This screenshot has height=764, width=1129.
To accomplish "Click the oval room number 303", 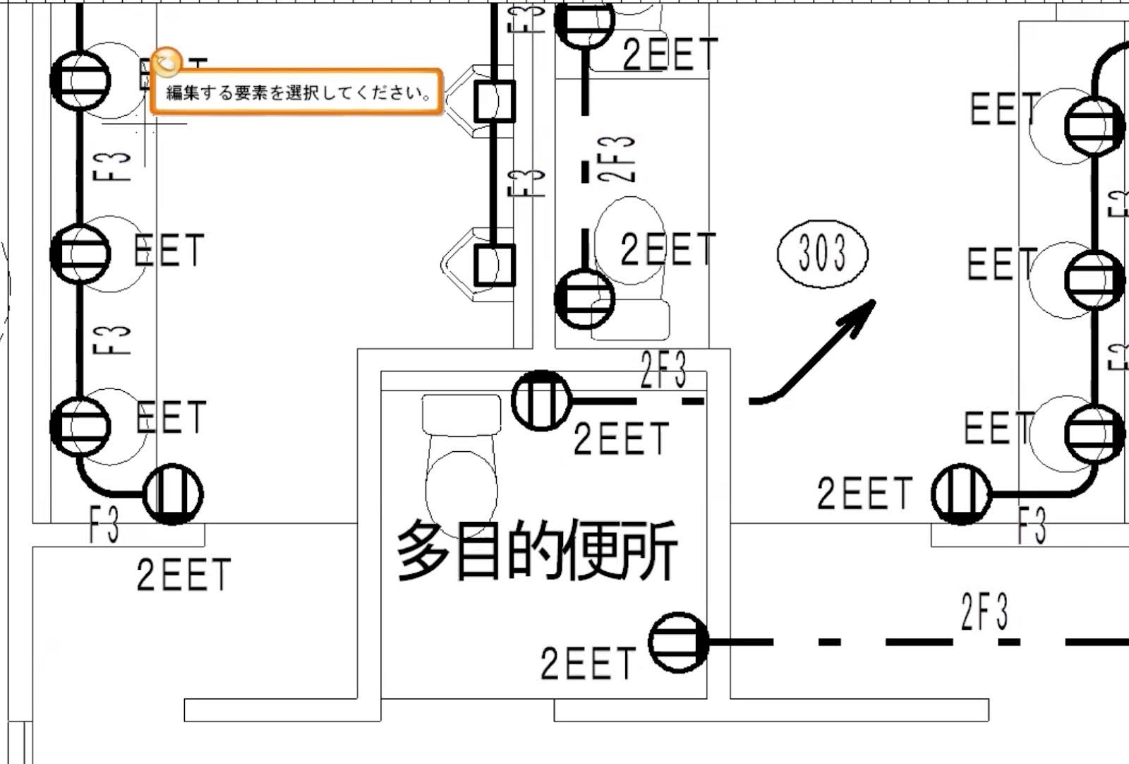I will point(823,253).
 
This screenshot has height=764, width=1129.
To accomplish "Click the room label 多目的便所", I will point(536,551).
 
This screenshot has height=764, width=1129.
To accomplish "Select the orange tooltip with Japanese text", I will point(296,92).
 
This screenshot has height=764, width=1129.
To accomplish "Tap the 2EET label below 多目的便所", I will point(588,664).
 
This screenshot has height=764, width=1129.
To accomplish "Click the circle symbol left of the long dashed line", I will point(678,642).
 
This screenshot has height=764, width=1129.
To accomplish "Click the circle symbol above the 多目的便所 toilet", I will point(541,400).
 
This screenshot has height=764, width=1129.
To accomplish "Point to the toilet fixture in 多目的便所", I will point(460,459).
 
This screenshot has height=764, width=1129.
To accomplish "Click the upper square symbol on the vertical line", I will point(494,101).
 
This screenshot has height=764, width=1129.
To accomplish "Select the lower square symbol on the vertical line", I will point(494,265).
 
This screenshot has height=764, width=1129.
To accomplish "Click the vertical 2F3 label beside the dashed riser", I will point(619,160).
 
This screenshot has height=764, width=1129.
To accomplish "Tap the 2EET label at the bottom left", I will point(183,575).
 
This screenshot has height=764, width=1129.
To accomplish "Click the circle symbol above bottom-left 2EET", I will point(173,494).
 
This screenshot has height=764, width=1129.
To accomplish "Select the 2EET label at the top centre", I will point(670,54).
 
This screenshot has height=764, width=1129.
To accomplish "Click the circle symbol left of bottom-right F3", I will point(961,494).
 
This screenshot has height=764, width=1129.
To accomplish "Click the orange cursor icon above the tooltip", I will point(167,62).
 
